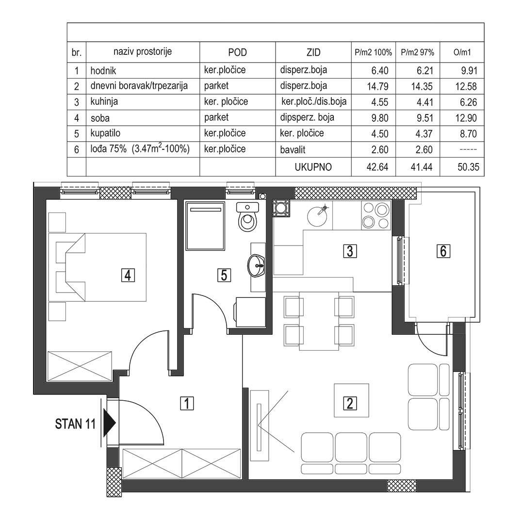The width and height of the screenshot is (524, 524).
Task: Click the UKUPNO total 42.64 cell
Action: [377, 167]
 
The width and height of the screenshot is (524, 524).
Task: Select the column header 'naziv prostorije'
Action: [143, 52]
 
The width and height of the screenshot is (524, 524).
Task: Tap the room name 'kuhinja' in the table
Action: [104, 101]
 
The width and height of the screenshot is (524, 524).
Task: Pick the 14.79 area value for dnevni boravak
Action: [377, 86]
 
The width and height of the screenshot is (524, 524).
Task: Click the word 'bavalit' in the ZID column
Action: [293, 150]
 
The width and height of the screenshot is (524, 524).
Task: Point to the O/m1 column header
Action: [462, 52]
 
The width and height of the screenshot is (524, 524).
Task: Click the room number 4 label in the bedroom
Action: [128, 276]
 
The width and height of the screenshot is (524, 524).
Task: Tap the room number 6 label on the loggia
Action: [443, 251]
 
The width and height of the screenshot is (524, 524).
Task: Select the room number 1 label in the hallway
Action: [187, 403]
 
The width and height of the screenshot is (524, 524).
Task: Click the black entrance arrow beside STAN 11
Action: [109, 423]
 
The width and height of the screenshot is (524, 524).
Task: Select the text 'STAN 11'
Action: [75, 424]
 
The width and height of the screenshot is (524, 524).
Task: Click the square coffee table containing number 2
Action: [351, 400]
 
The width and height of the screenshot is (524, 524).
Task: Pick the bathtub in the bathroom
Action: [206, 226]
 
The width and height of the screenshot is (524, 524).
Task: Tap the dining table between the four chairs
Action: [319, 321]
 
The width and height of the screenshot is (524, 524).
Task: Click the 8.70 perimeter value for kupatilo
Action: [468, 134]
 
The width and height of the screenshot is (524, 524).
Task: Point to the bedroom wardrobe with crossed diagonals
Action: [80, 366]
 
